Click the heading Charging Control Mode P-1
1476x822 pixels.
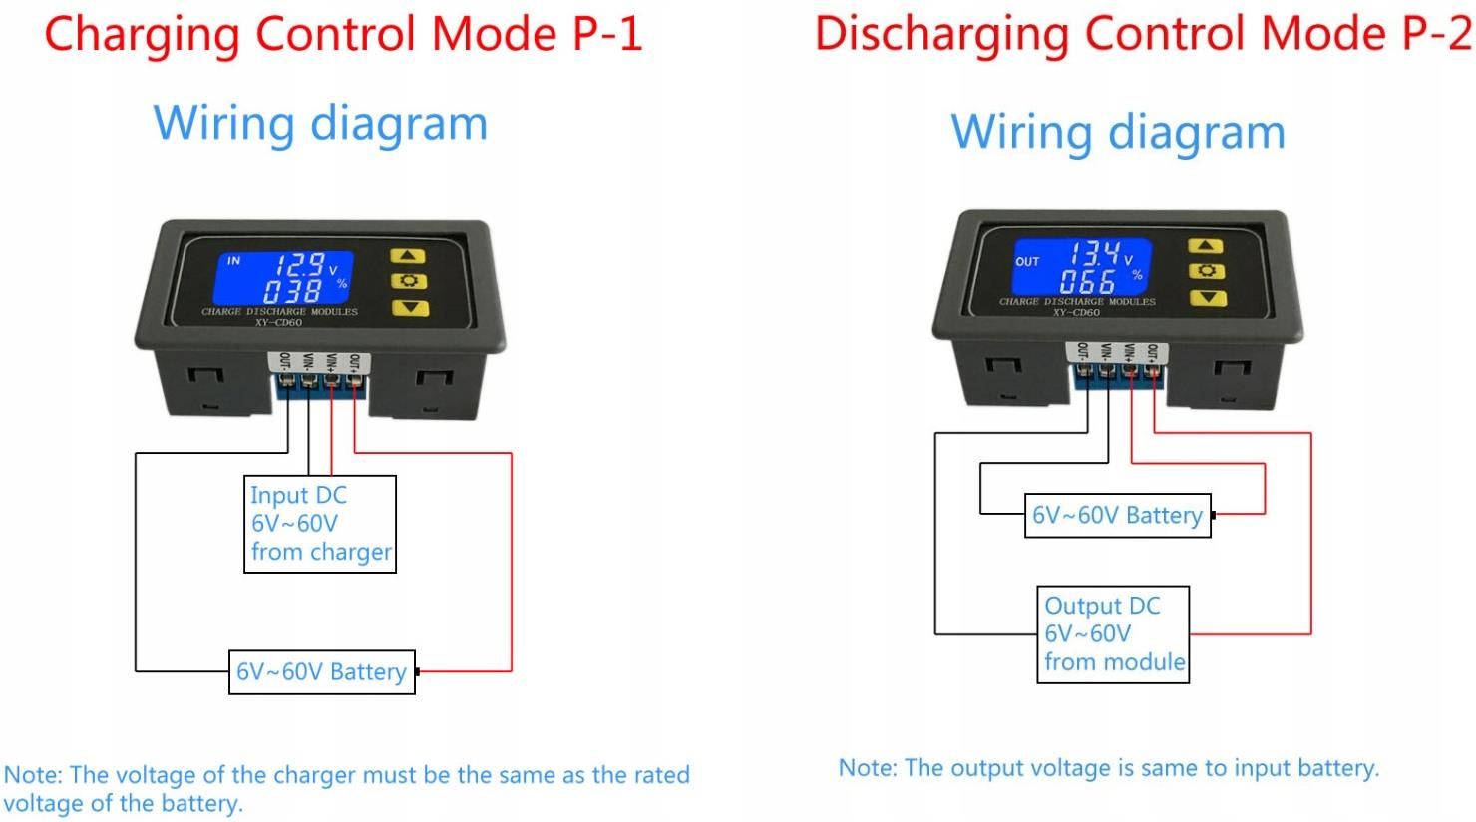(343, 33)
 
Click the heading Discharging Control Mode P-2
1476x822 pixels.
(1143, 33)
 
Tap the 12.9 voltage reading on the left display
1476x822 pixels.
(300, 264)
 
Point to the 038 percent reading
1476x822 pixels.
(292, 290)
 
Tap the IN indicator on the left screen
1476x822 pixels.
(233, 261)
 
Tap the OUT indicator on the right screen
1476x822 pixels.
(1027, 261)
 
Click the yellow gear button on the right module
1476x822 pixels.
(1205, 271)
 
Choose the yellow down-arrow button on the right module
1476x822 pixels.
(1205, 297)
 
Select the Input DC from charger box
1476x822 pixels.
(320, 524)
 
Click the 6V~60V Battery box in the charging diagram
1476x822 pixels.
(321, 671)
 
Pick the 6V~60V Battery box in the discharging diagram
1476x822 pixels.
(1117, 515)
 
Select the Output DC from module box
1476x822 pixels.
(1113, 633)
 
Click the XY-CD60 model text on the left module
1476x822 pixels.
(278, 322)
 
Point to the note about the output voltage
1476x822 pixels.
(1108, 768)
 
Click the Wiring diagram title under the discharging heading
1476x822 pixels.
(1118, 131)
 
